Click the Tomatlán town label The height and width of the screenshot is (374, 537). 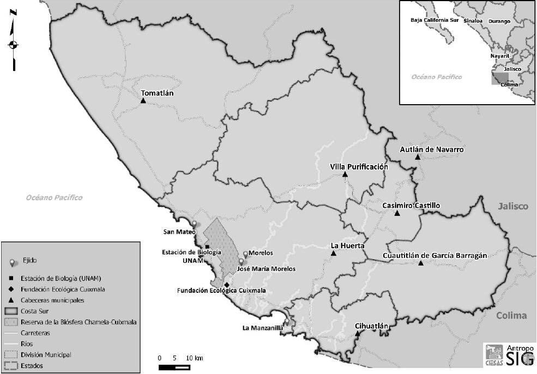pos(157,93)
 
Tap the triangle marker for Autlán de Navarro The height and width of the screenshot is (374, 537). pos(418,157)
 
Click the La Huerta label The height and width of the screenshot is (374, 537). pos(347,245)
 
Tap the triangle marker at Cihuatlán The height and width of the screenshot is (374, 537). pos(357,334)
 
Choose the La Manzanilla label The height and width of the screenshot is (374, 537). pos(262,329)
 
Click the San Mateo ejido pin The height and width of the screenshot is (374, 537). pos(192,224)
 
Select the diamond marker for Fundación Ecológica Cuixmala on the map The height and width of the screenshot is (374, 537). pos(226,285)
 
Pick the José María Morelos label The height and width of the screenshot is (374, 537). pos(267,269)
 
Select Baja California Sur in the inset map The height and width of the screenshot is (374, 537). pos(434,20)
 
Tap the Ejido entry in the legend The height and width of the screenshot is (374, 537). pos(31,261)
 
